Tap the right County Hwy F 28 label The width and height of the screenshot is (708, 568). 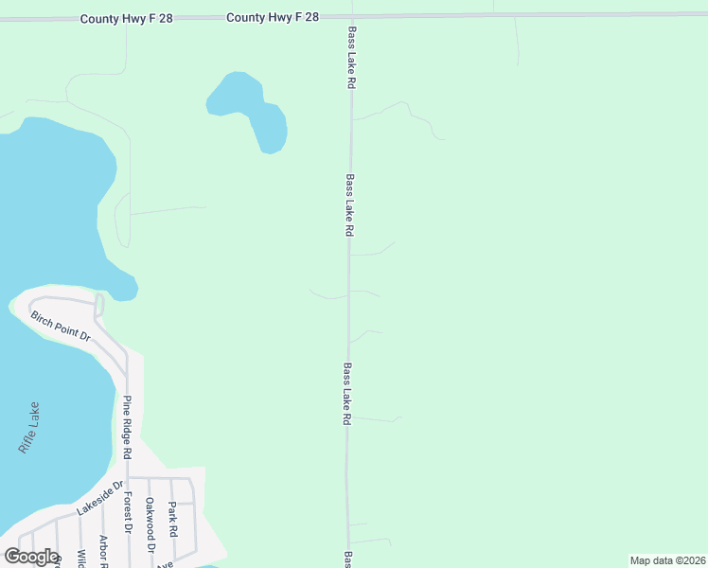(273, 17)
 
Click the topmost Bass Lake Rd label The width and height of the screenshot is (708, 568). (351, 57)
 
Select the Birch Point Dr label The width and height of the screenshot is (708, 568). (60, 325)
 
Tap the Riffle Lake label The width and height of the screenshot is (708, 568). (29, 429)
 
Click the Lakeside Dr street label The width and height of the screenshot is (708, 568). (99, 497)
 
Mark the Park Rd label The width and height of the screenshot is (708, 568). (172, 520)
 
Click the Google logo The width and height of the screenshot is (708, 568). (30, 557)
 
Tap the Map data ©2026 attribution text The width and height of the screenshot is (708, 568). (667, 560)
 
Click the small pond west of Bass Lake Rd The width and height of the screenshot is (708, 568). (248, 107)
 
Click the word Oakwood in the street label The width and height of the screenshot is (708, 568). (150, 519)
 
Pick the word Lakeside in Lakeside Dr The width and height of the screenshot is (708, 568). (95, 500)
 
